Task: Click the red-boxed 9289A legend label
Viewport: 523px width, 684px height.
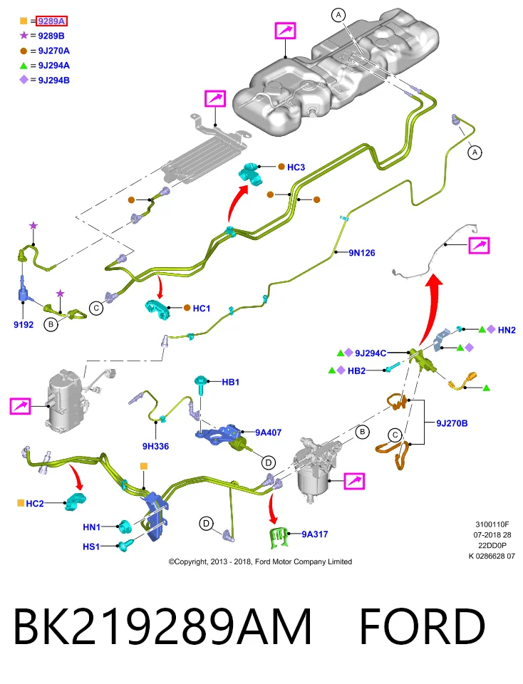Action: tap(51, 21)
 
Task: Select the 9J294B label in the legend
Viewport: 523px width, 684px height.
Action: tap(53, 81)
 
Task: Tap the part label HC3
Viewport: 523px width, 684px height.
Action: tap(296, 167)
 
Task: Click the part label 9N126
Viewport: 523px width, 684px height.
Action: tap(361, 252)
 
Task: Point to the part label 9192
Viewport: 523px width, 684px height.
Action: tap(24, 325)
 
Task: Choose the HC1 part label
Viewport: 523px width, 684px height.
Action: tap(201, 309)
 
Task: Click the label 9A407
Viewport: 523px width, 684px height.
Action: tap(268, 432)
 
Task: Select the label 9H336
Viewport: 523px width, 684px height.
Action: tap(156, 446)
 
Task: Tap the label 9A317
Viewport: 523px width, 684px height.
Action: tap(315, 534)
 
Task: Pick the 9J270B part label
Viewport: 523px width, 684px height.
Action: tap(452, 423)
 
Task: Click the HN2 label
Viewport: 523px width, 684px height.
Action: tap(507, 330)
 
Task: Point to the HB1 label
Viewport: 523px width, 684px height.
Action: tap(231, 382)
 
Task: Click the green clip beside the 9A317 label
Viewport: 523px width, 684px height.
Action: tap(279, 537)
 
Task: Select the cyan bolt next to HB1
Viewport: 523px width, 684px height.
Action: tap(201, 384)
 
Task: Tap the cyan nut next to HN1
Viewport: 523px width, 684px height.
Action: tap(125, 527)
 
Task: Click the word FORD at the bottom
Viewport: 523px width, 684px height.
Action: tap(423, 626)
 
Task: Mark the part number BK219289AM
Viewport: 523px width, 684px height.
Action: tap(162, 626)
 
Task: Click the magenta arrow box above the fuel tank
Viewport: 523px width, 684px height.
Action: tap(285, 31)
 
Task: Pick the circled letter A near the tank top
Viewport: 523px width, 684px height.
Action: tap(338, 15)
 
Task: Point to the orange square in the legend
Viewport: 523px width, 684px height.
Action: tap(24, 21)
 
